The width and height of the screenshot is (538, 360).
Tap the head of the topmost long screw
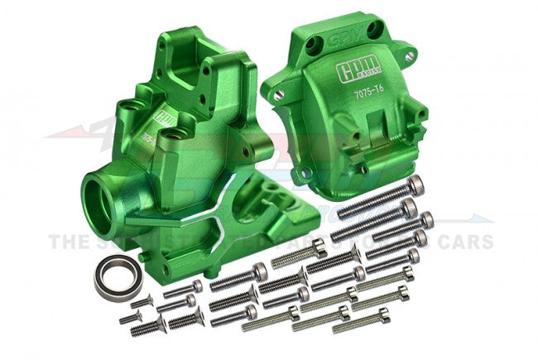tap(416, 181)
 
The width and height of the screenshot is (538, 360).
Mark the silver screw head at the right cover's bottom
tap(305, 173)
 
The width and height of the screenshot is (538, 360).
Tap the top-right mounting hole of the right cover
tap(407, 57)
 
